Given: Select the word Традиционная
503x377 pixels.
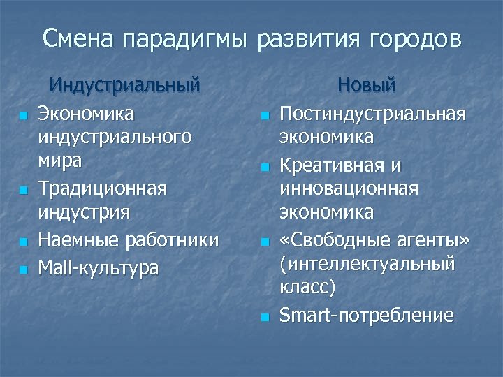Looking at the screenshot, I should (x=102, y=188).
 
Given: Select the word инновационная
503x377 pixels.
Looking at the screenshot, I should (x=349, y=189).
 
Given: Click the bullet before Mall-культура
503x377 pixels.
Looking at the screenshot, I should (x=24, y=269).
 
